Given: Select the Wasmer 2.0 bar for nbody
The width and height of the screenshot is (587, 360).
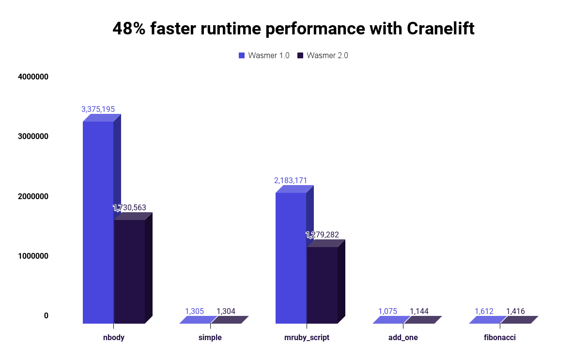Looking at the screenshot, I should (129, 271).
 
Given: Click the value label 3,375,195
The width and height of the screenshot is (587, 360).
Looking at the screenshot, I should (98, 109).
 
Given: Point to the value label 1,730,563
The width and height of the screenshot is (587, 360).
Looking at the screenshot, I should (129, 207).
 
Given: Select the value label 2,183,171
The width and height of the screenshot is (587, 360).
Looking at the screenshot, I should (291, 181).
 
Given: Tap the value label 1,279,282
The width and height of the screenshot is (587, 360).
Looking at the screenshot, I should (322, 235).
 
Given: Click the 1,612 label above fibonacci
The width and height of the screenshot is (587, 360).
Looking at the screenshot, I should (484, 311).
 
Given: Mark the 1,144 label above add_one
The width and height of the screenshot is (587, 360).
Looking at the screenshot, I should (419, 311).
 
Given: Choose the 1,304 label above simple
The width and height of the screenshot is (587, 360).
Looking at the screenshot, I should (226, 311).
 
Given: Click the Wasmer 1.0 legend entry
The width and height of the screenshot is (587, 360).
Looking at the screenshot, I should (264, 55).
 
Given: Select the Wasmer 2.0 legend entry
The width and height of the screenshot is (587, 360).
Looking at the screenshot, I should (323, 55).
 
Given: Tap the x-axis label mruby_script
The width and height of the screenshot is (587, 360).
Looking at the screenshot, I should (307, 337).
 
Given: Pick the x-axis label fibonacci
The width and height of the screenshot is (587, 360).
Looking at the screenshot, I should (500, 337).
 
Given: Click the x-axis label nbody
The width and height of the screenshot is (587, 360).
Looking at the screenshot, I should (114, 337).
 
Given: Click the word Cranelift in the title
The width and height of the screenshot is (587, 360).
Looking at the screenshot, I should (440, 29).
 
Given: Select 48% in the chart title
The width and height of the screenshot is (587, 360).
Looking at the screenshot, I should (129, 29).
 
